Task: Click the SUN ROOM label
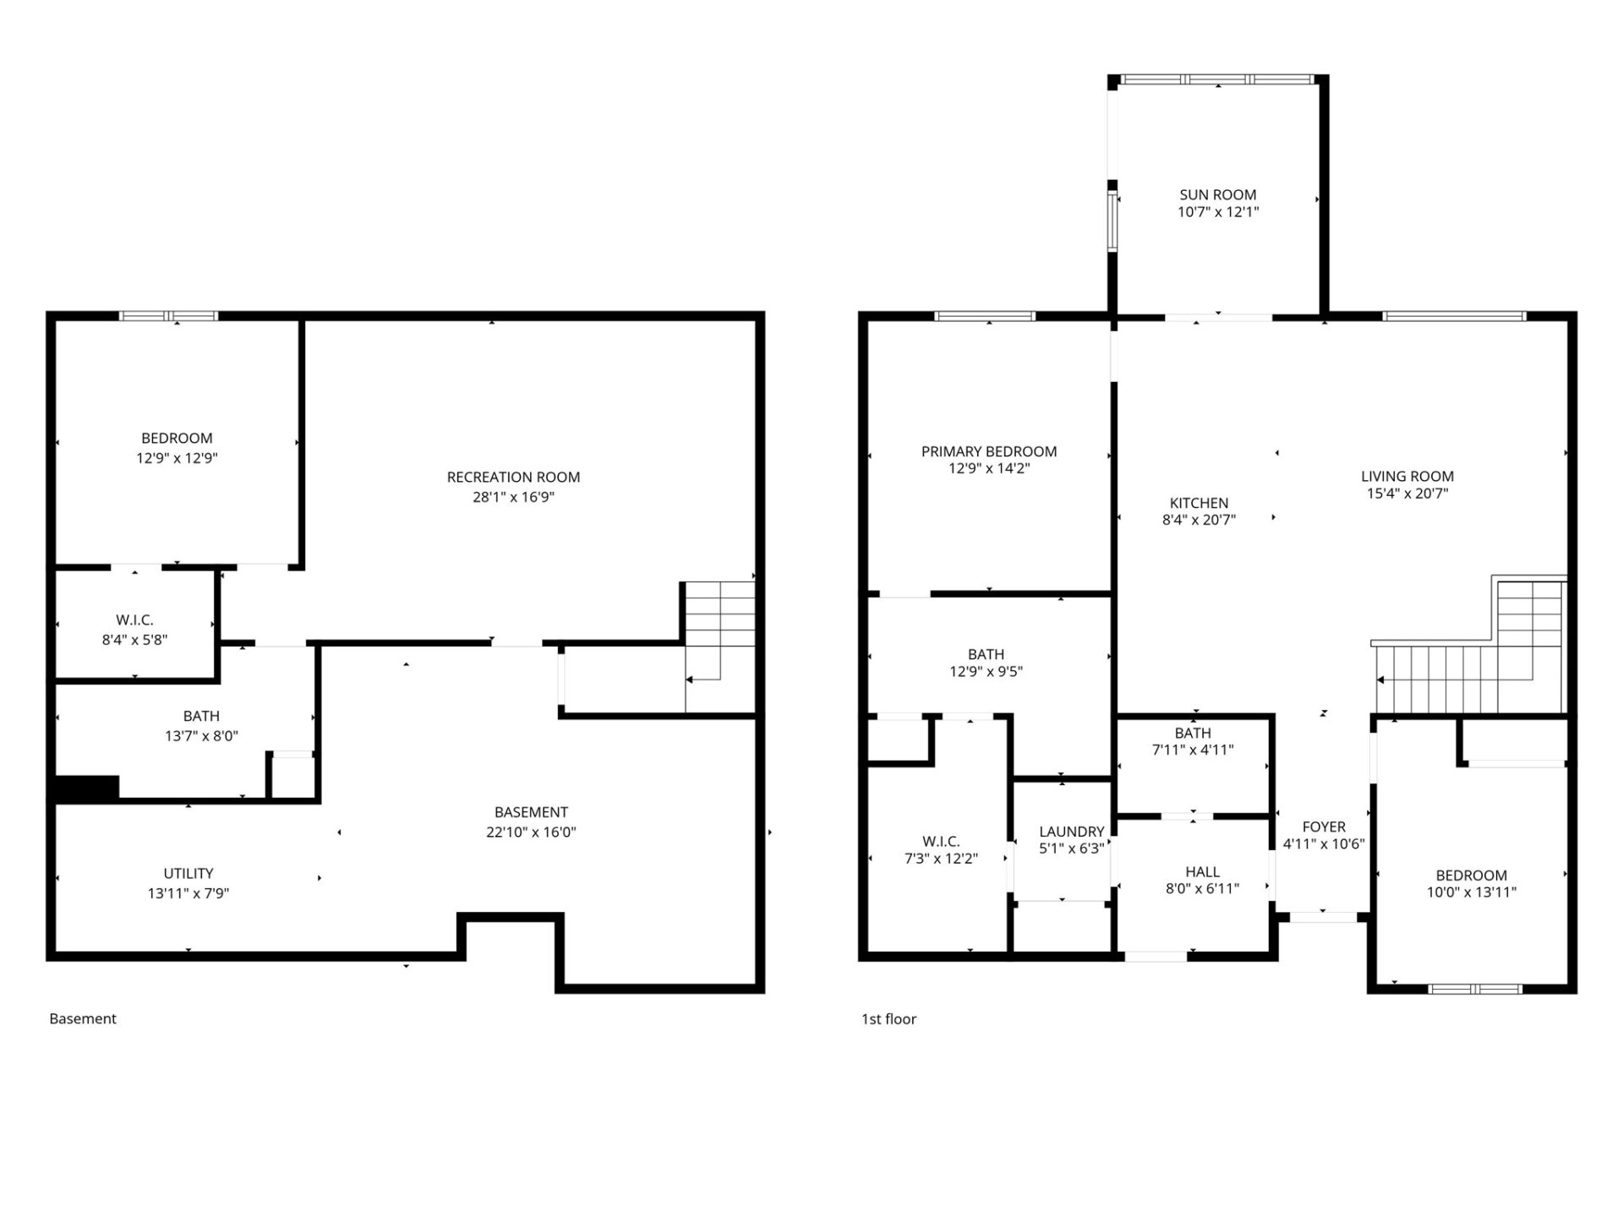click(x=1217, y=194)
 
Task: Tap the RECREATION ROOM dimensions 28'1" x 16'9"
click(x=513, y=497)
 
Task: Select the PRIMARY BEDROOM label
click(x=988, y=451)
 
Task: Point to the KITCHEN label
click(x=1199, y=503)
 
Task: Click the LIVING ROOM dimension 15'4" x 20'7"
click(x=1407, y=494)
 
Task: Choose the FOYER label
click(x=1323, y=827)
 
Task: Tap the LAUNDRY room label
click(x=1071, y=832)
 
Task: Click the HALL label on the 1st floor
click(x=1202, y=871)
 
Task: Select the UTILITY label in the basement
click(x=188, y=873)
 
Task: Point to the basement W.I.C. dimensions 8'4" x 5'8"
click(x=134, y=640)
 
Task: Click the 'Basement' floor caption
click(x=83, y=1018)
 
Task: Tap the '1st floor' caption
click(x=888, y=1018)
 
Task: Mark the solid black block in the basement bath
click(x=86, y=788)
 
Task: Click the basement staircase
click(x=719, y=647)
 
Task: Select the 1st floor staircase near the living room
click(x=1471, y=668)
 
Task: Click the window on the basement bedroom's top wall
click(x=168, y=316)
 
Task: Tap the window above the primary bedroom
click(x=985, y=316)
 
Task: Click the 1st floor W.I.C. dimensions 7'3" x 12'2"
click(x=941, y=859)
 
